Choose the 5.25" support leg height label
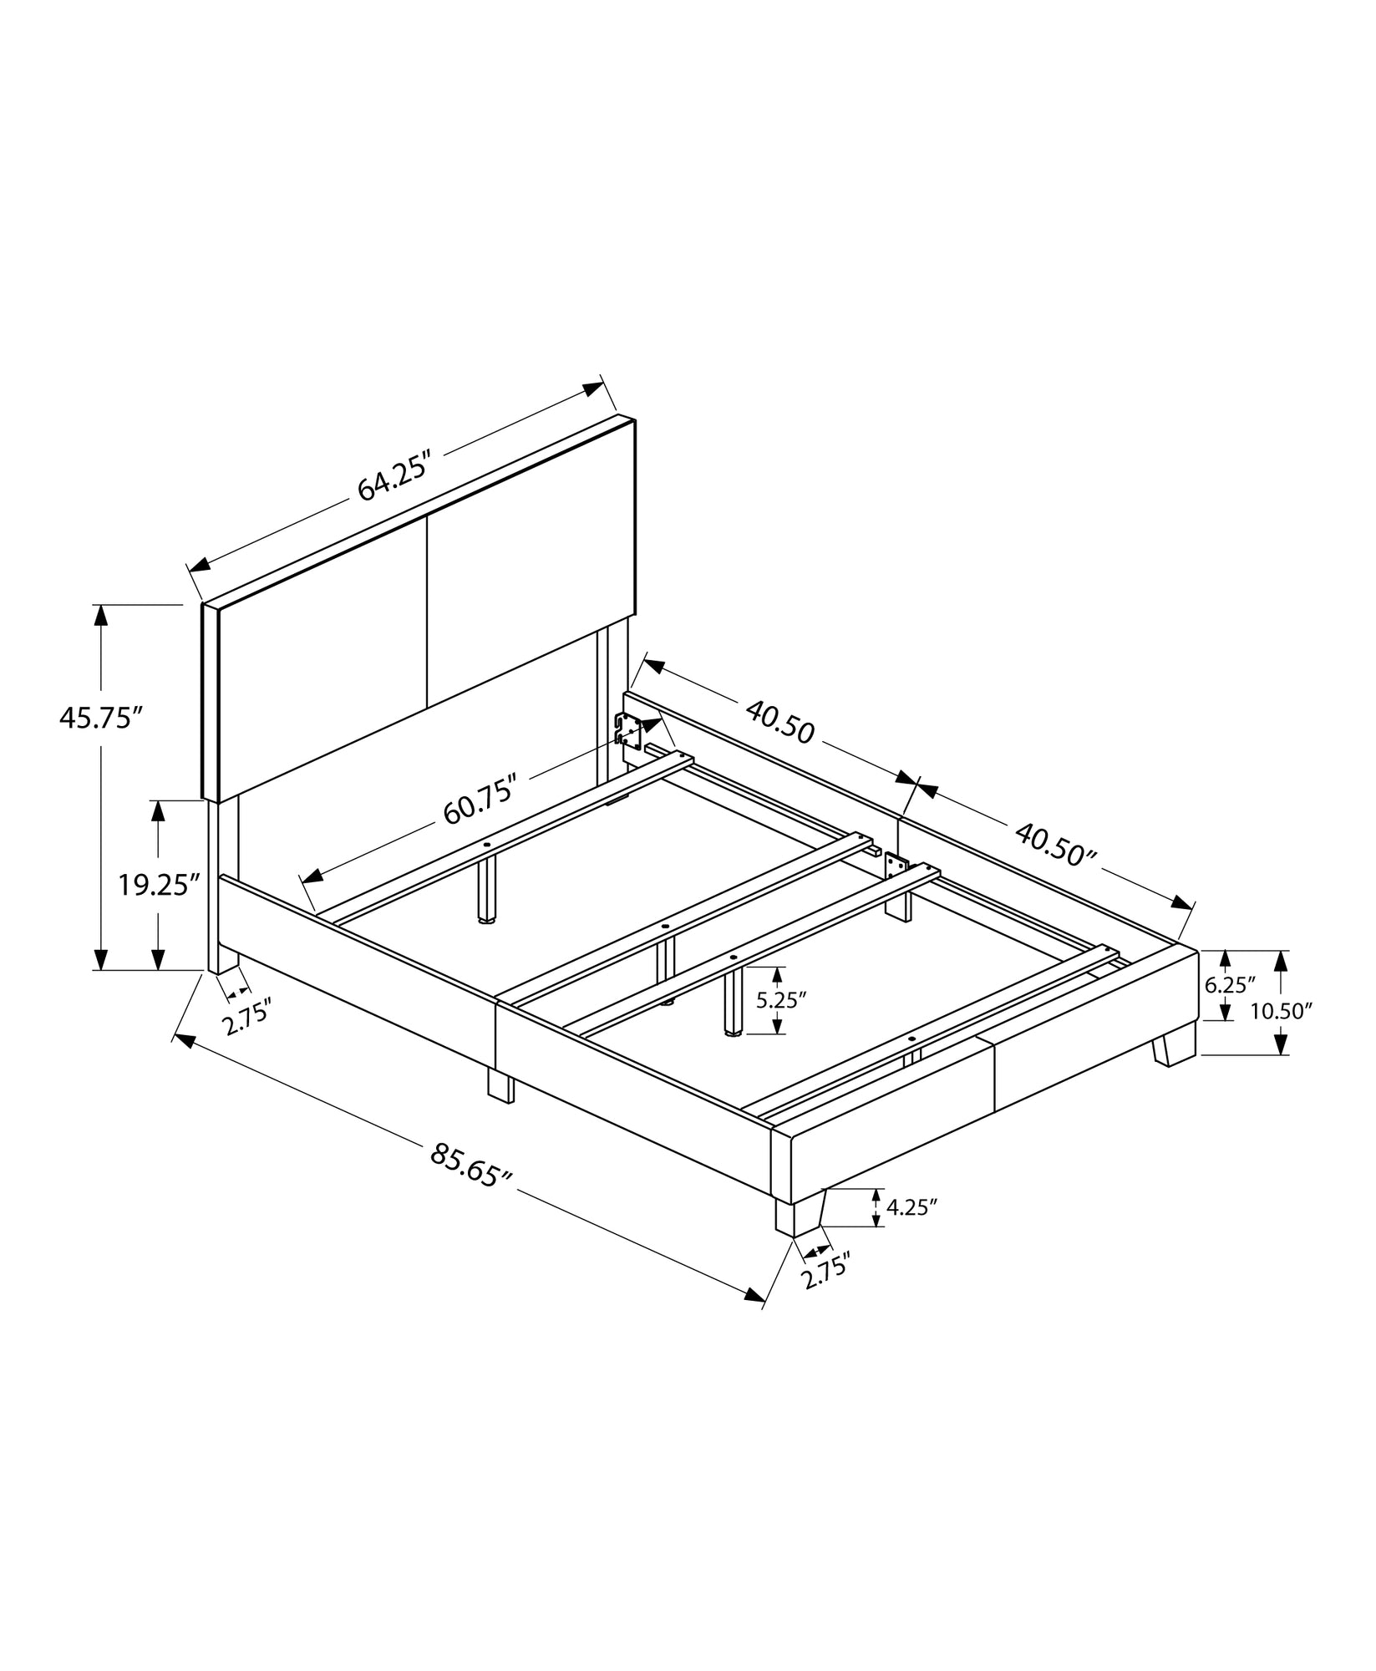point(780,1000)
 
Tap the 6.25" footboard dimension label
point(1225,984)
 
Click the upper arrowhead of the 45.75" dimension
point(101,615)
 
